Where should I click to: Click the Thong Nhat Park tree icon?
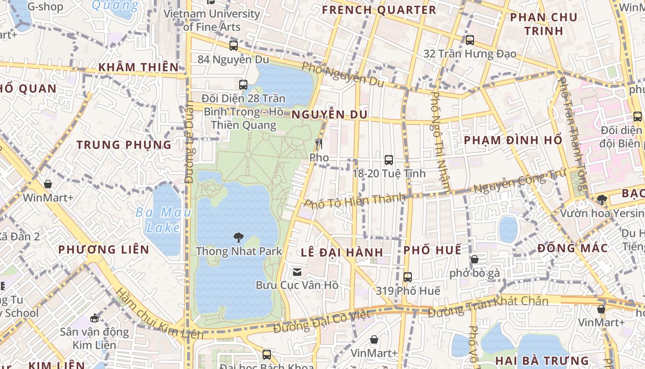[x=238, y=238]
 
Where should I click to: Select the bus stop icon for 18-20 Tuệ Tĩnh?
[x=389, y=160]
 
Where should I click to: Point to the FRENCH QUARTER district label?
[x=379, y=10]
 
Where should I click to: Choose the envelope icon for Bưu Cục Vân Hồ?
[x=297, y=272]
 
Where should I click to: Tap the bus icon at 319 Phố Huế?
[x=408, y=277]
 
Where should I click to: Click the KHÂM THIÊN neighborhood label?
[x=138, y=67]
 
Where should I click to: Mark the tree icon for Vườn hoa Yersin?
[x=602, y=200]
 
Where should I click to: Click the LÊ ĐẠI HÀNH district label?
[x=342, y=252]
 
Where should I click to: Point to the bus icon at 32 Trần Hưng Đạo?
[x=470, y=40]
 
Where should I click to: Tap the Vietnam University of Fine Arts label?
[x=212, y=20]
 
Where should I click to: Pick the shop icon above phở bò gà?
[x=475, y=259]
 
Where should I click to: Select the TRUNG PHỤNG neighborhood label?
[x=124, y=145]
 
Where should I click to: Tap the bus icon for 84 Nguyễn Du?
[x=234, y=46]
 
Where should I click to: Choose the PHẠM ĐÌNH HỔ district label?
[x=513, y=140]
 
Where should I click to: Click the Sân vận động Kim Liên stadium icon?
[x=94, y=318]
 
